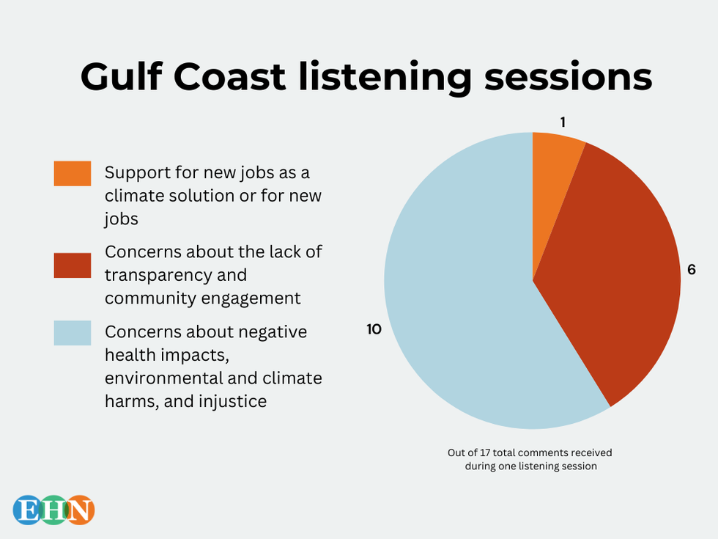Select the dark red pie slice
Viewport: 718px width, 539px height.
pyautogui.click(x=615, y=279)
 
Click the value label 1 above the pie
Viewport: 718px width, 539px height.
pyautogui.click(x=563, y=122)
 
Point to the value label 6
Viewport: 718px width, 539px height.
pyautogui.click(x=691, y=270)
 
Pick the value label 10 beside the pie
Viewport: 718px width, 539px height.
pyautogui.click(x=374, y=330)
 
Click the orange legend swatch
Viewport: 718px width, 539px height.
pyautogui.click(x=73, y=174)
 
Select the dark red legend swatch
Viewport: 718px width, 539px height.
pyautogui.click(x=73, y=265)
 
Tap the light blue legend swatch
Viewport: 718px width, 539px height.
pyautogui.click(x=73, y=333)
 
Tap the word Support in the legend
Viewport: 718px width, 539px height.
pyautogui.click(x=134, y=173)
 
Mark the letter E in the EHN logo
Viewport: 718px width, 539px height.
pyautogui.click(x=28, y=510)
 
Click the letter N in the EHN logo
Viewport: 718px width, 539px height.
pyautogui.click(x=81, y=510)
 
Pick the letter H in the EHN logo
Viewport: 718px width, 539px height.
pyautogui.click(x=54, y=510)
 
